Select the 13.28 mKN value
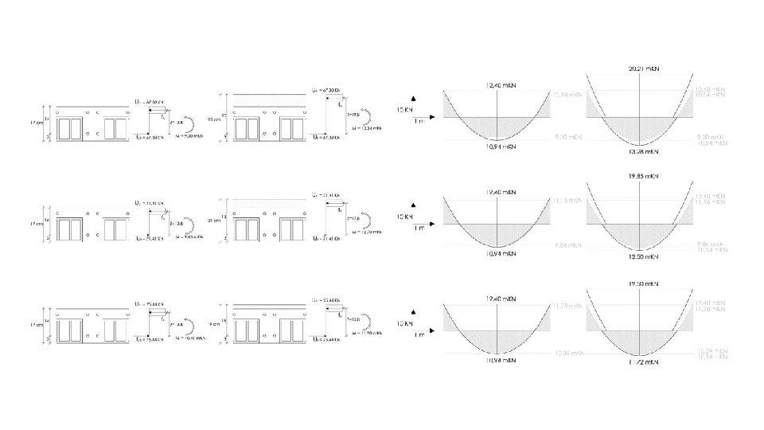[x=643, y=150]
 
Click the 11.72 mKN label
[x=643, y=362]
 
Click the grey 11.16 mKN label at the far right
[x=710, y=202]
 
